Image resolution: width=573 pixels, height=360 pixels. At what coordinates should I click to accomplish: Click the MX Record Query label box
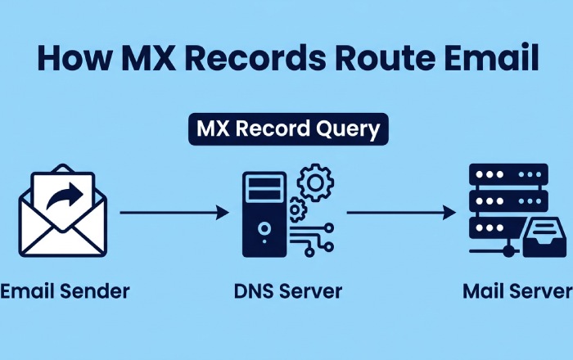(288, 129)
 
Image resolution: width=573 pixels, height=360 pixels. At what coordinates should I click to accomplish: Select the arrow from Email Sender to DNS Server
(174, 213)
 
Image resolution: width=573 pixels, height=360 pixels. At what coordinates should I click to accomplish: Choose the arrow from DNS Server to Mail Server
(400, 213)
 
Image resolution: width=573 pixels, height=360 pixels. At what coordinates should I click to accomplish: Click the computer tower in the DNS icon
(264, 214)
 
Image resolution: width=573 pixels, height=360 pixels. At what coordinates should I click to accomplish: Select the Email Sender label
(65, 290)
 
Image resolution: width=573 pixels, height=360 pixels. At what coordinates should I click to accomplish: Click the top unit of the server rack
(507, 175)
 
